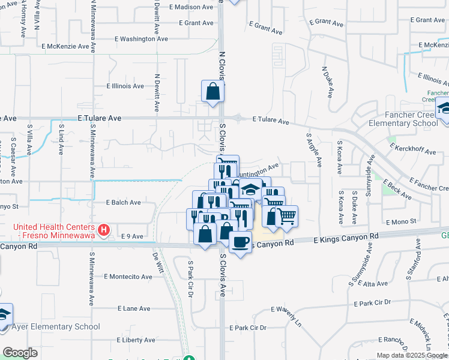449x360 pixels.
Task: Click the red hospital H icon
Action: (x=104, y=229)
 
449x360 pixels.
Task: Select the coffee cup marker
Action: (x=240, y=243)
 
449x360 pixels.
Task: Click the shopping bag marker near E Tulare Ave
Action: (x=213, y=92)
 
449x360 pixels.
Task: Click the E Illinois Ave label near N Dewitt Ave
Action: (x=125, y=86)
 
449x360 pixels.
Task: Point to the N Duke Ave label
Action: (x=328, y=83)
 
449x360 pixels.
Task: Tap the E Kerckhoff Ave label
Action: (x=413, y=149)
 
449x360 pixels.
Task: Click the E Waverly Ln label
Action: (x=286, y=310)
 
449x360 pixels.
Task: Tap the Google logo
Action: (x=20, y=353)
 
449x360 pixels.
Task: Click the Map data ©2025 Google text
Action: (x=411, y=355)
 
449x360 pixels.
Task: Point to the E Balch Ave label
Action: (x=123, y=203)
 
